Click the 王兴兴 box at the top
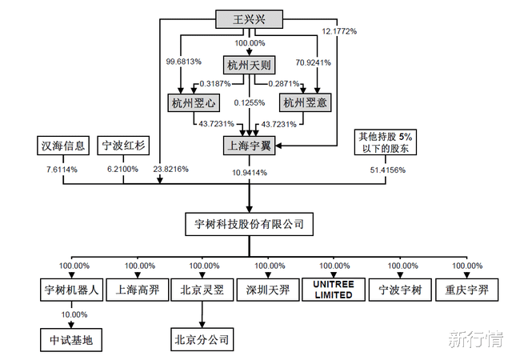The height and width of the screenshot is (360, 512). point(250,19)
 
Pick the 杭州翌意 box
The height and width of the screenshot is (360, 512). point(306,102)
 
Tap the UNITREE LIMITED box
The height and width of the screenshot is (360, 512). point(333,289)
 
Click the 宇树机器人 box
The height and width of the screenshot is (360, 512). point(72,290)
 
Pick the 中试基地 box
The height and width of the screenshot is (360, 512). point(72,340)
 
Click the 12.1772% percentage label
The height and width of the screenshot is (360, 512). point(339,31)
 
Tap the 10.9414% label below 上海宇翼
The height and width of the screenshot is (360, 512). point(250,172)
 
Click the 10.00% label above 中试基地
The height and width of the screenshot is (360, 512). point(72,316)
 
